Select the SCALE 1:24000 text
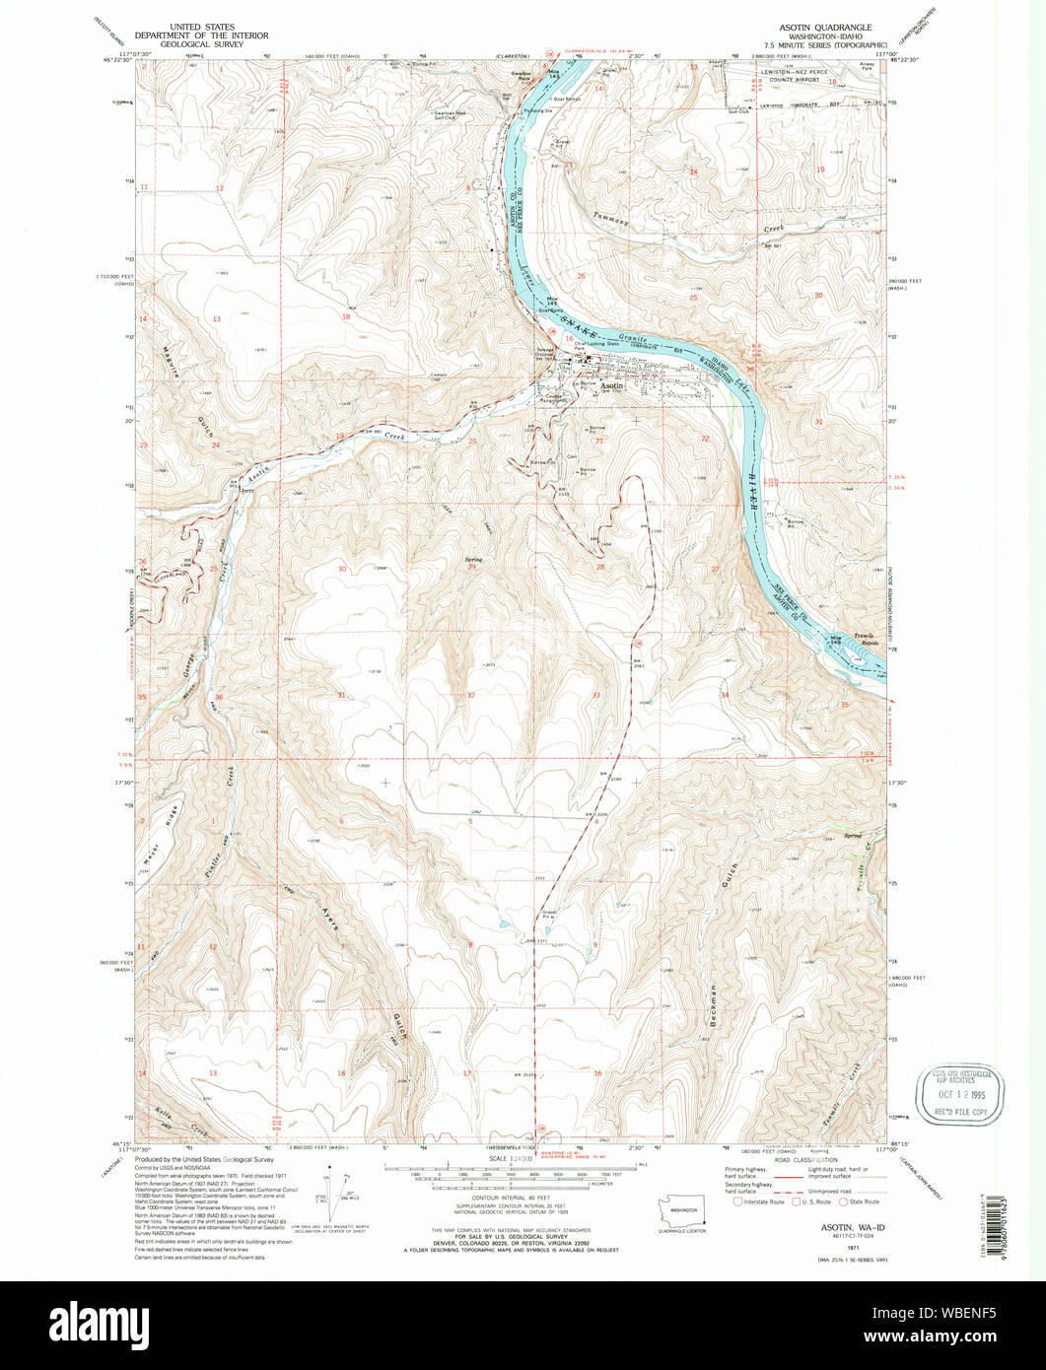[x=510, y=1160]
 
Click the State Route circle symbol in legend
[x=843, y=1201]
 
